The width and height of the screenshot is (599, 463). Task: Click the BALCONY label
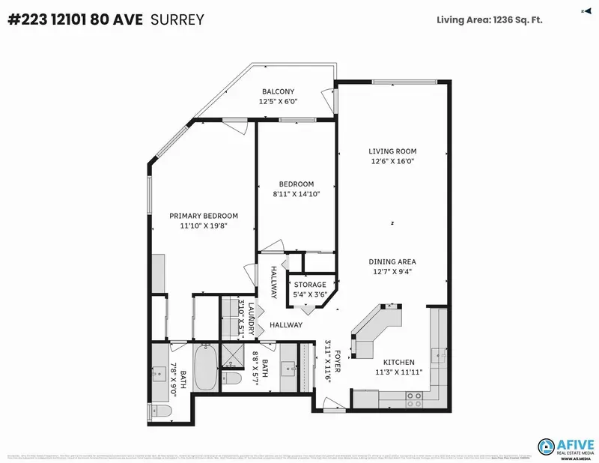[278, 91]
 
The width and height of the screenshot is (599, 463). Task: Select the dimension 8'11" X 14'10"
[296, 194]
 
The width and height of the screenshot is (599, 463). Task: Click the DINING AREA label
[392, 261]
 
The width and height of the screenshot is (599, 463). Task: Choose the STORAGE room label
[310, 285]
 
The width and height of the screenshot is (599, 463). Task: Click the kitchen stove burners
[413, 399]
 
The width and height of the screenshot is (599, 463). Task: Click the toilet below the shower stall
[233, 379]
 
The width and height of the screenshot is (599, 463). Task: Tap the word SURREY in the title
[178, 20]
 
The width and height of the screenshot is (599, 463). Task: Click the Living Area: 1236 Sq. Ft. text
[490, 19]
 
